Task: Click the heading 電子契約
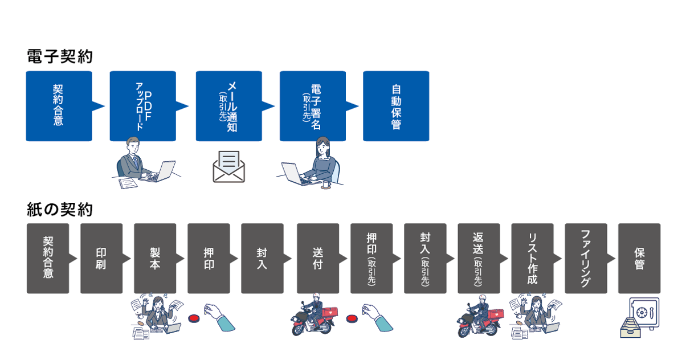click(59, 57)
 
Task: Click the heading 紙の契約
click(59, 210)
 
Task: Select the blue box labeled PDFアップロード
click(142, 106)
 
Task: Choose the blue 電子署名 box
click(312, 106)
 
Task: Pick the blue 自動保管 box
click(396, 106)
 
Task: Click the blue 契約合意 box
click(59, 106)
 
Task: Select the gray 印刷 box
click(101, 258)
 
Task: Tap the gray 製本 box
click(155, 258)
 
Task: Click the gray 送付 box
click(318, 258)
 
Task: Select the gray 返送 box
click(479, 258)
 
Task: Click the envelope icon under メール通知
click(228, 166)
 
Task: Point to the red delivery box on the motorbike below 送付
click(329, 313)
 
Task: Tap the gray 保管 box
click(639, 258)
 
